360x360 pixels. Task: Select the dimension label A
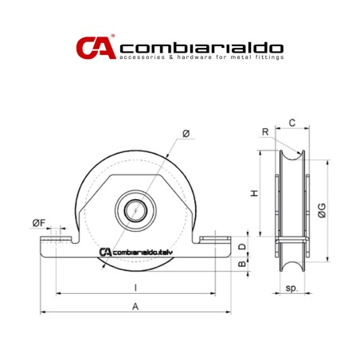(x=135, y=305)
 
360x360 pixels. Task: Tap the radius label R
(x=264, y=133)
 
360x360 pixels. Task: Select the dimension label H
(x=253, y=194)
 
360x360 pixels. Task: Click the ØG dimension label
(x=320, y=209)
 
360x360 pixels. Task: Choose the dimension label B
(x=242, y=264)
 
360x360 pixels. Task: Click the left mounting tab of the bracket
(x=57, y=240)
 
